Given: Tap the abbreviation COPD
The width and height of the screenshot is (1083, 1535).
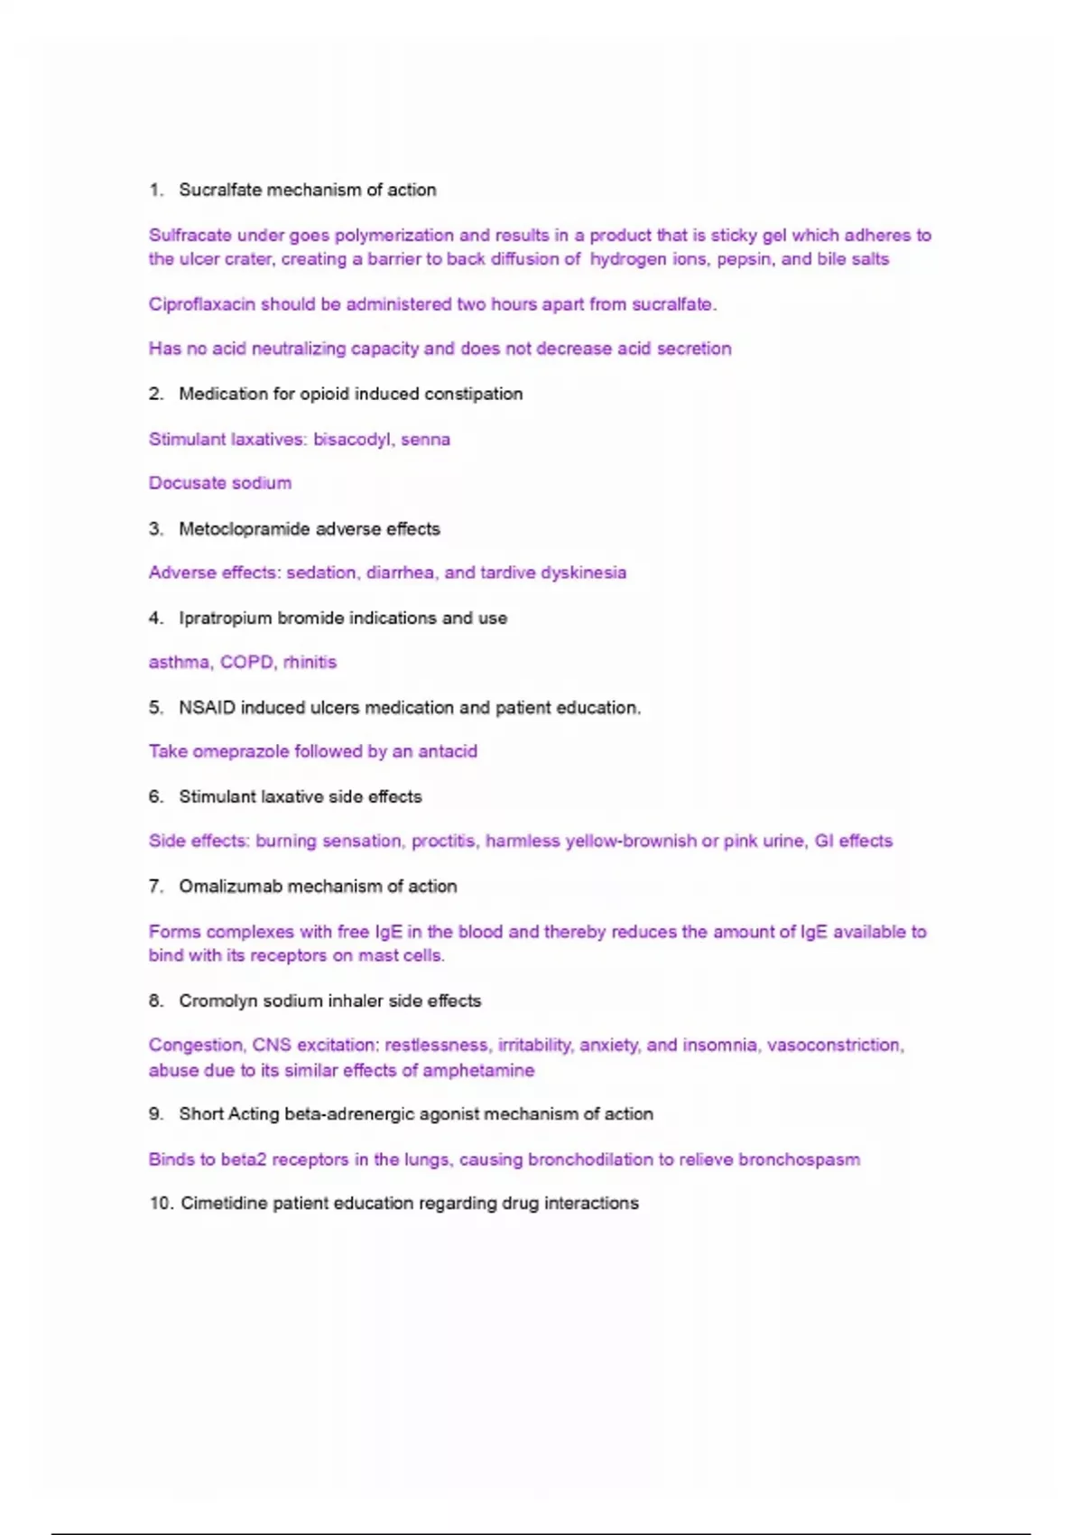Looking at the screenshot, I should (246, 662).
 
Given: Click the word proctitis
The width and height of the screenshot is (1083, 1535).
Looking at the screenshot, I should (443, 842).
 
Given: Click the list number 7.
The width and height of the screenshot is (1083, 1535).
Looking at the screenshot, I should (156, 887).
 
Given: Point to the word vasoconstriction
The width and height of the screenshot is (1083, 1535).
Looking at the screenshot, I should (835, 1046).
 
